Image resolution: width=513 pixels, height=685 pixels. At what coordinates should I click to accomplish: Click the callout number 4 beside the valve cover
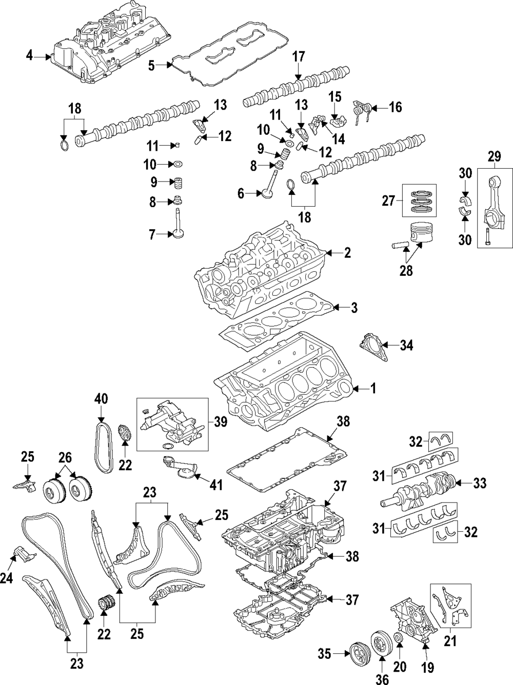click(29, 55)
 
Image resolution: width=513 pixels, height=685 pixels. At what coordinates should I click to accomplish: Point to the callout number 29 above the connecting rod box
click(494, 156)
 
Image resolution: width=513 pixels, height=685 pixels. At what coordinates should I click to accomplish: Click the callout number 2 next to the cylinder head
click(347, 252)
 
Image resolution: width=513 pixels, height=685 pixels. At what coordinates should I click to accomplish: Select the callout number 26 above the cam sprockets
click(65, 457)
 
